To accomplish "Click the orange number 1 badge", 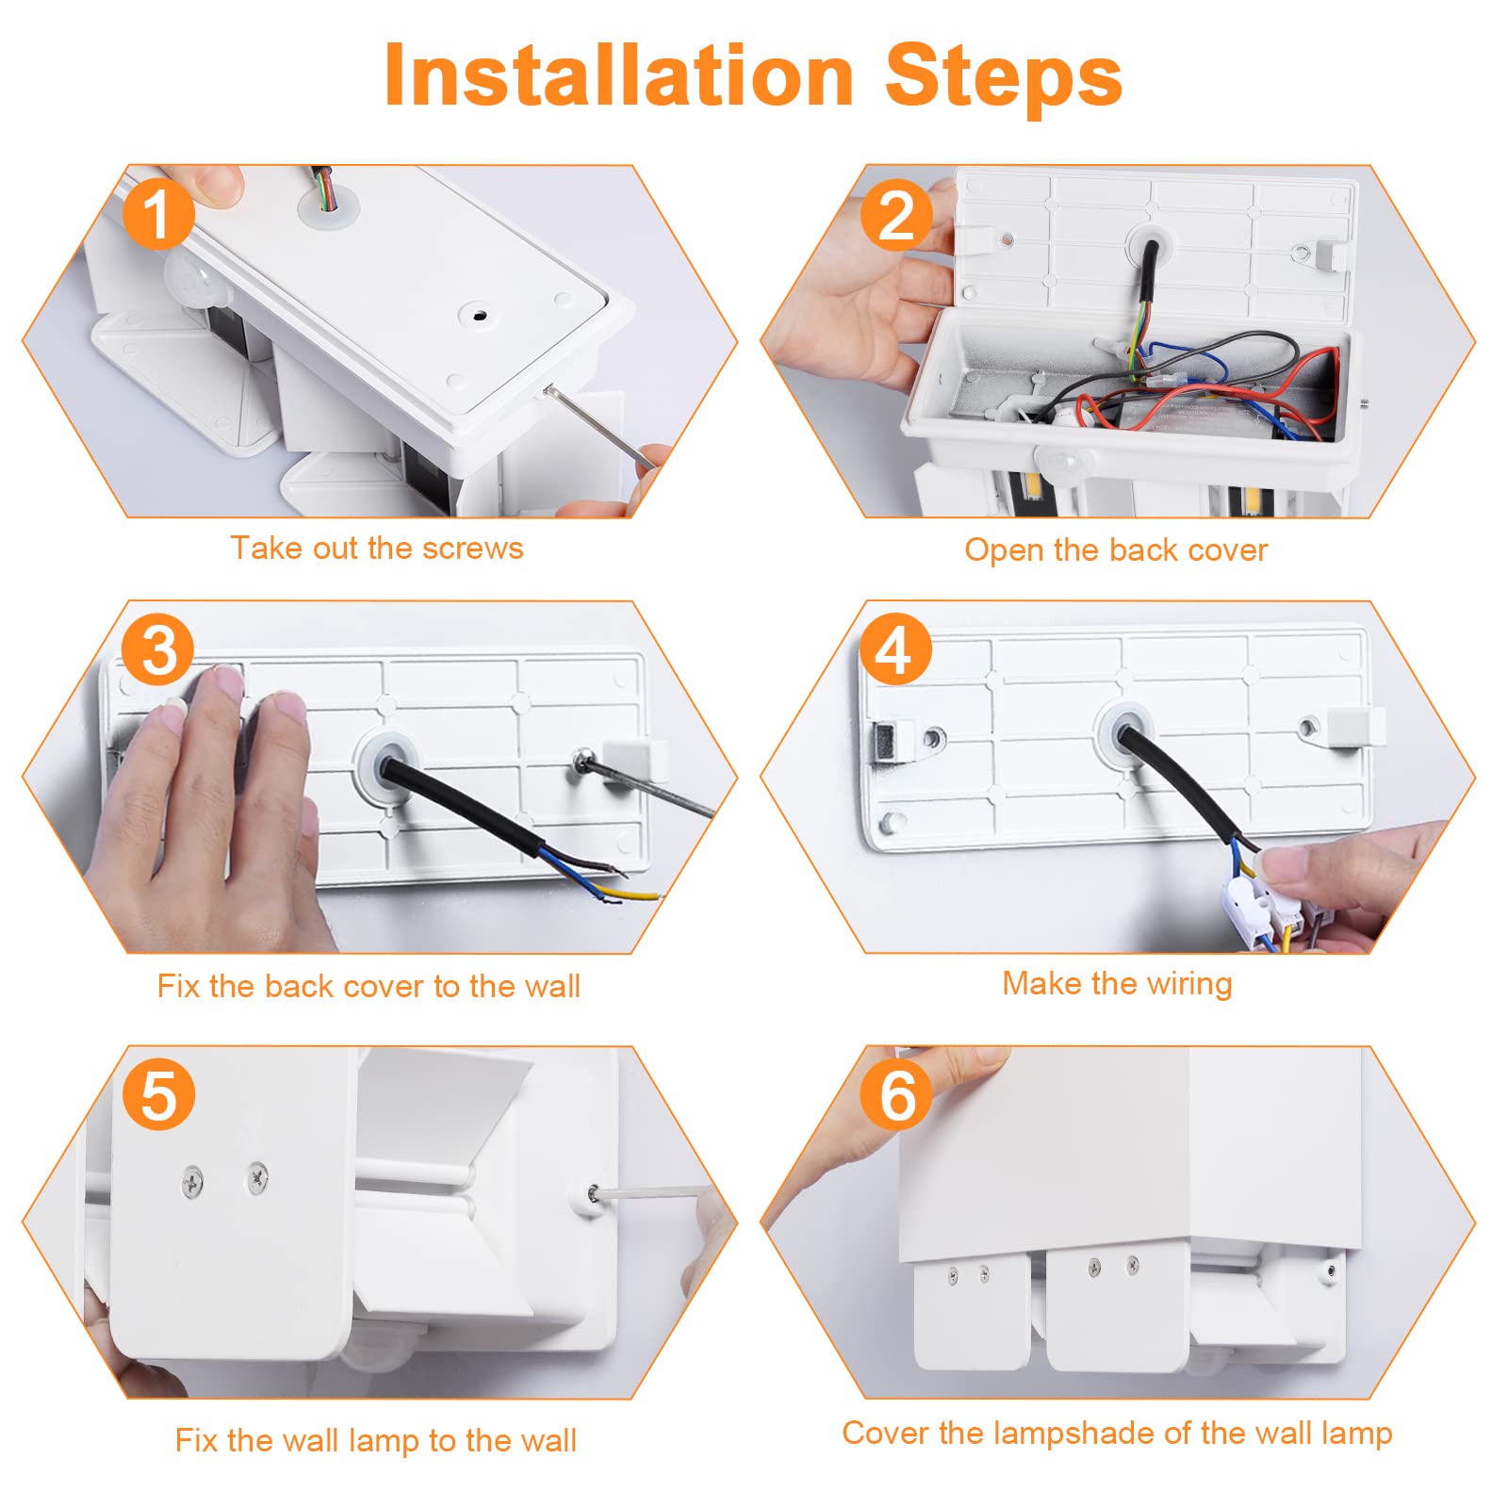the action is (x=157, y=214).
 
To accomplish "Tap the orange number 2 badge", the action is (x=896, y=215).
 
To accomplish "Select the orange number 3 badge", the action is (x=157, y=649).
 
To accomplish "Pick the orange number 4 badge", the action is (x=895, y=649).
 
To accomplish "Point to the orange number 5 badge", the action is (x=158, y=1094).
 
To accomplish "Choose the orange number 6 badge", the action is (x=896, y=1094).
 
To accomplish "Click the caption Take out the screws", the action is (x=377, y=548).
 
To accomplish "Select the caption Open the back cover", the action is (x=1116, y=549).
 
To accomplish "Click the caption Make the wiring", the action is (x=1117, y=984).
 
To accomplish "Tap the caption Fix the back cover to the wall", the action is (x=369, y=986).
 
